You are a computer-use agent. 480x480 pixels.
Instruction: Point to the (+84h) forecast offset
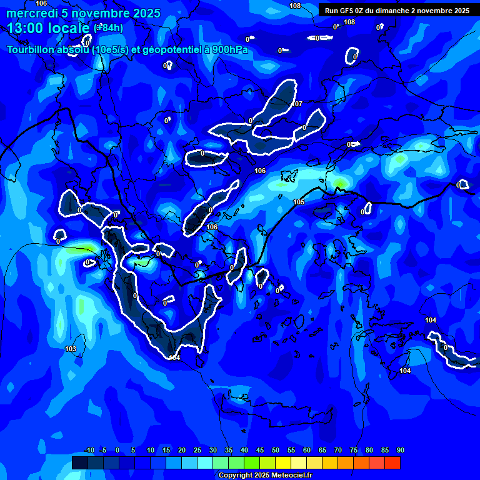(109, 27)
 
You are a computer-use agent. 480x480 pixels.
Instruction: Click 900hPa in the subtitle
(229, 50)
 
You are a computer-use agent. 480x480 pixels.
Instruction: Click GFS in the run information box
(349, 11)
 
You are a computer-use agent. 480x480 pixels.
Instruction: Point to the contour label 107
(297, 104)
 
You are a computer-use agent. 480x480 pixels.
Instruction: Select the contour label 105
(299, 202)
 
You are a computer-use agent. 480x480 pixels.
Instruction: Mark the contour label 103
(71, 349)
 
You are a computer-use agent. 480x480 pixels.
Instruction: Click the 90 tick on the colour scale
(400, 451)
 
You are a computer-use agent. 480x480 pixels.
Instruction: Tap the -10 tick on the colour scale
(89, 451)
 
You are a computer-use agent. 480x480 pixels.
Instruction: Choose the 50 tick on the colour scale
(276, 451)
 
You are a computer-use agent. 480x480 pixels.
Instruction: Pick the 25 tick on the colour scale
(197, 451)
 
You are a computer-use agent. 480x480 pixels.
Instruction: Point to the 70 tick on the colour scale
(338, 451)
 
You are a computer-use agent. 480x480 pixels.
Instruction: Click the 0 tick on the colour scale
(117, 451)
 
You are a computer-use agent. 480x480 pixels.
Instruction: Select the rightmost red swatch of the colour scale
(392, 462)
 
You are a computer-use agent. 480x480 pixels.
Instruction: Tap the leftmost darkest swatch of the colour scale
(79, 462)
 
